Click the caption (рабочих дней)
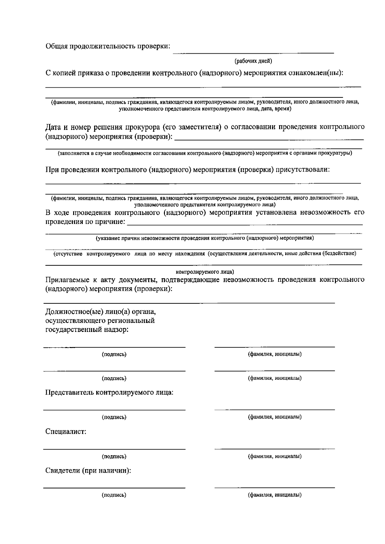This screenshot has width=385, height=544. click(x=253, y=61)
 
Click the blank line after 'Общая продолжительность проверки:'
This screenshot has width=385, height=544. click(x=253, y=52)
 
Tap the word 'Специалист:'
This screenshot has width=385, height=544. click(x=66, y=432)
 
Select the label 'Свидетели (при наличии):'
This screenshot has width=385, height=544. click(x=88, y=471)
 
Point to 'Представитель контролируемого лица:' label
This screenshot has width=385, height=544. click(x=109, y=392)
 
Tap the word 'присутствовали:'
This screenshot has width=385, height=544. click(x=302, y=169)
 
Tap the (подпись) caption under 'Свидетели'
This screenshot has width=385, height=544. click(x=114, y=495)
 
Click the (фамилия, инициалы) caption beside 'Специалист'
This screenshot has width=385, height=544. click(x=275, y=456)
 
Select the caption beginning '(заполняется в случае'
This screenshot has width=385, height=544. click(x=205, y=153)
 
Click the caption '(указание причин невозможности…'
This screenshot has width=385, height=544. click(x=205, y=238)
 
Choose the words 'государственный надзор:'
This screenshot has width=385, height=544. click(x=87, y=330)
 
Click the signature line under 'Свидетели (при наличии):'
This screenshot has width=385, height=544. click(x=114, y=488)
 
